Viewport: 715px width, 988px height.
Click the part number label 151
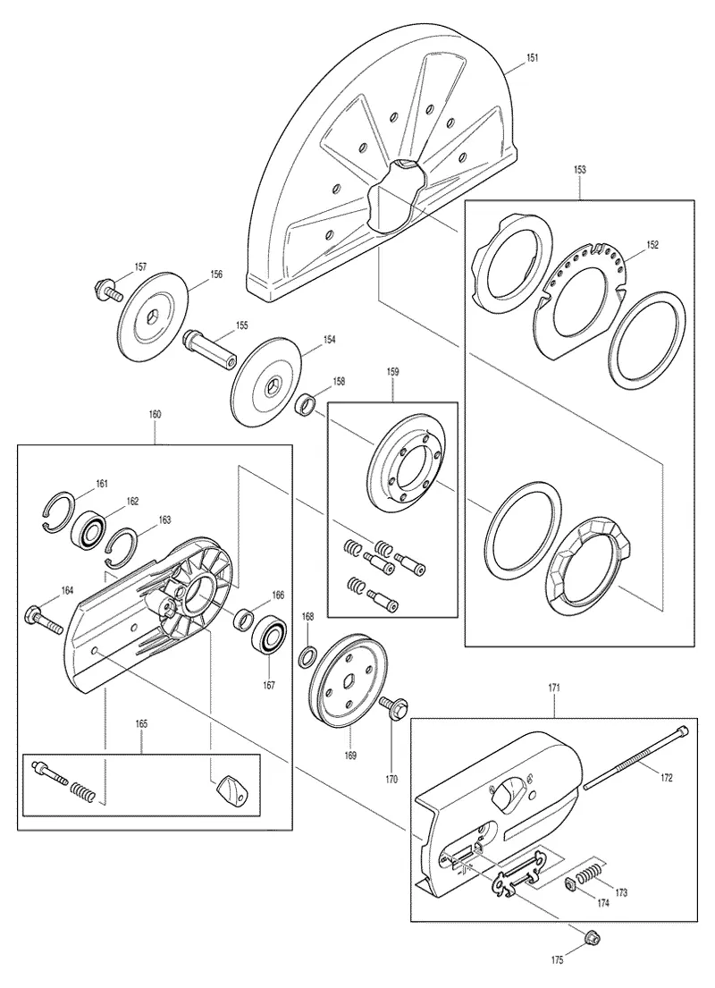click(533, 57)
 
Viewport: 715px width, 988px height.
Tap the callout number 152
click(652, 245)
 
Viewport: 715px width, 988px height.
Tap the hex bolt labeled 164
click(43, 620)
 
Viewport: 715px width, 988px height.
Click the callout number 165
click(141, 724)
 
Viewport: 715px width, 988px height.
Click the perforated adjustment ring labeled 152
click(577, 300)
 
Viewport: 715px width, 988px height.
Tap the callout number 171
click(554, 688)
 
